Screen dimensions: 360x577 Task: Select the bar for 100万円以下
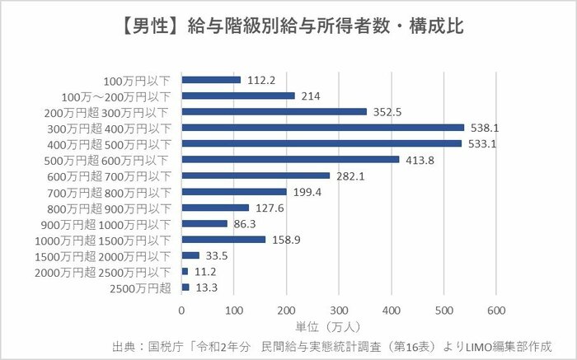pyautogui.click(x=211, y=80)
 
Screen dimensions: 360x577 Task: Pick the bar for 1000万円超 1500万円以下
pyautogui.click(x=223, y=240)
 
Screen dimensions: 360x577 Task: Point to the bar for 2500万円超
pyautogui.click(x=185, y=288)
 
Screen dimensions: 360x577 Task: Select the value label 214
pyautogui.click(x=312, y=96)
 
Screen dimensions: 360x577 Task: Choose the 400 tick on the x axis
pyautogui.click(x=392, y=311)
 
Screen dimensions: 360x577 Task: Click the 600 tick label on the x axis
pyautogui.click(x=496, y=311)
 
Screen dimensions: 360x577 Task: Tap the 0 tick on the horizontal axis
pyautogui.click(x=182, y=311)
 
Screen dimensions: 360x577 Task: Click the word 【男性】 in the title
pyautogui.click(x=135, y=26)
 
